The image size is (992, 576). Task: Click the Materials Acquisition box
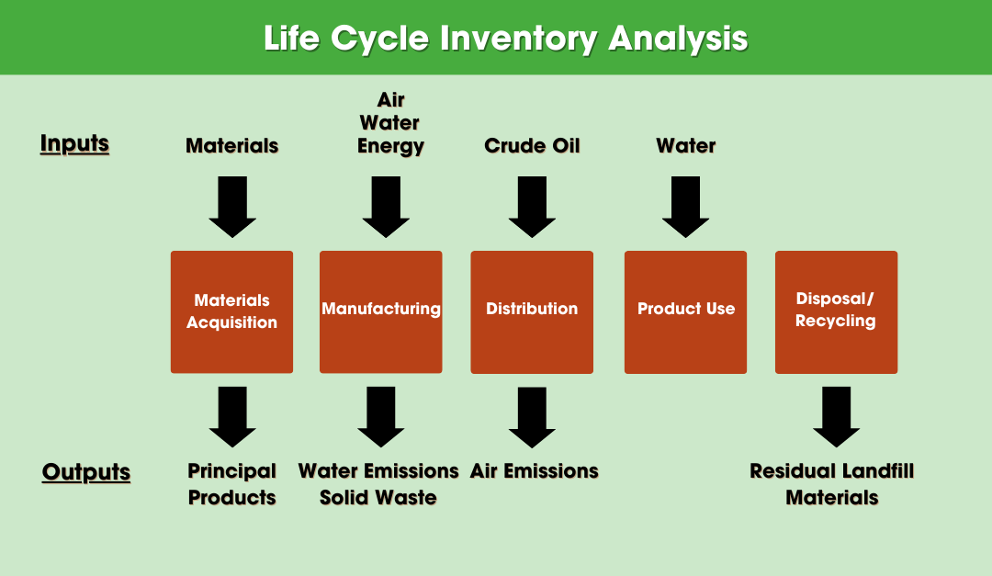point(231,311)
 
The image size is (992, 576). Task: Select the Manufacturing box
point(380,311)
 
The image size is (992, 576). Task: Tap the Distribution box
point(532,311)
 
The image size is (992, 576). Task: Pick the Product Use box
point(685,311)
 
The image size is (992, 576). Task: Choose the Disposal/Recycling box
point(836,311)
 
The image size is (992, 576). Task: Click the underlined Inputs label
point(74,144)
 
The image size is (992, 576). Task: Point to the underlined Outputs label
point(86,472)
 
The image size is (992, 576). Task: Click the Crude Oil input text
point(532,146)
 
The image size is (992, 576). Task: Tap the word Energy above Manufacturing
point(390,146)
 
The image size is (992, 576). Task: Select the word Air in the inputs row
point(390,99)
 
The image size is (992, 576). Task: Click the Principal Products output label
point(231,484)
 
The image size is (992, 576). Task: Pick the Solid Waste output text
point(378,498)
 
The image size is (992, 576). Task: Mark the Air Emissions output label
point(534,471)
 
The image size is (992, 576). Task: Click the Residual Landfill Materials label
point(831,484)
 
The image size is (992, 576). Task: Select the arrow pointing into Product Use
point(685,208)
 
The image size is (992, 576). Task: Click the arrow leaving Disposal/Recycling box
point(836,416)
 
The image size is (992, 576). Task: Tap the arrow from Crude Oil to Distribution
point(532,208)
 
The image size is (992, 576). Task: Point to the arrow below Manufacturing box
point(380,416)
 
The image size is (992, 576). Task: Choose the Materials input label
point(231,146)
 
